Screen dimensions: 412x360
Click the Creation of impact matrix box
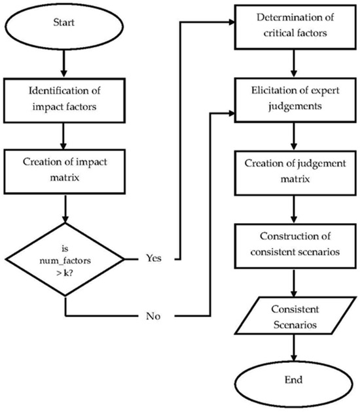pyautogui.click(x=65, y=166)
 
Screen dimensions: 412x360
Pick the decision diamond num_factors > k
pyautogui.click(x=65, y=256)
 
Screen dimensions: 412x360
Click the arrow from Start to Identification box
pyautogui.click(x=65, y=64)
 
